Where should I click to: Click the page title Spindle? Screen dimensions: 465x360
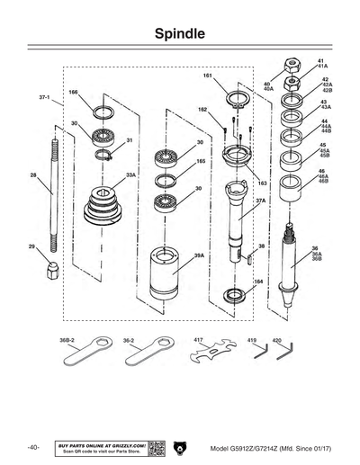pyautogui.click(x=180, y=34)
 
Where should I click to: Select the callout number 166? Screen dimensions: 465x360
pyautogui.click(x=74, y=93)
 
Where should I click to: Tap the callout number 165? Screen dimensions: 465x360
pyautogui.click(x=201, y=162)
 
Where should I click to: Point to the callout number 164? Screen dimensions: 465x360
pyautogui.click(x=259, y=282)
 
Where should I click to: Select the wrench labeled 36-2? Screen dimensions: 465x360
pyautogui.click(x=147, y=356)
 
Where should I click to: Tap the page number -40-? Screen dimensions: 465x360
pyautogui.click(x=33, y=448)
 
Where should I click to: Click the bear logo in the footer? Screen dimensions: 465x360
pyautogui.click(x=180, y=447)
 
